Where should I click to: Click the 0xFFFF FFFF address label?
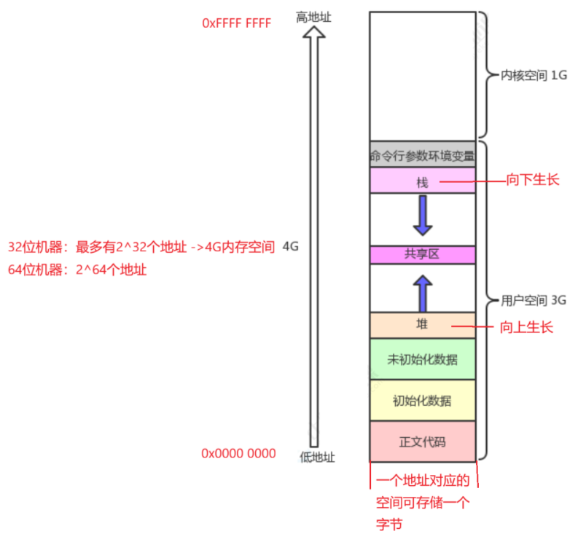(236, 23)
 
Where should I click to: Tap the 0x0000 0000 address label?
(238, 453)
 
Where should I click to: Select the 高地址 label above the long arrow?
(313, 16)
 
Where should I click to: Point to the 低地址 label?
(318, 457)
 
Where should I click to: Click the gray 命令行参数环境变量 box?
(422, 155)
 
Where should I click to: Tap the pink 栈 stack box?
(422, 181)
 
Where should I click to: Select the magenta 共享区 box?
(422, 254)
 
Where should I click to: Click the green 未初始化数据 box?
(422, 359)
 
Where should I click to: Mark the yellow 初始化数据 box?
(422, 400)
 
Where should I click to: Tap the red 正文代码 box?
(422, 441)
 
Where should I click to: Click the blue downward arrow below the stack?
(423, 216)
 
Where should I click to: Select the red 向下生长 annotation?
(533, 179)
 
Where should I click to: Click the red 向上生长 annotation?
(527, 327)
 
